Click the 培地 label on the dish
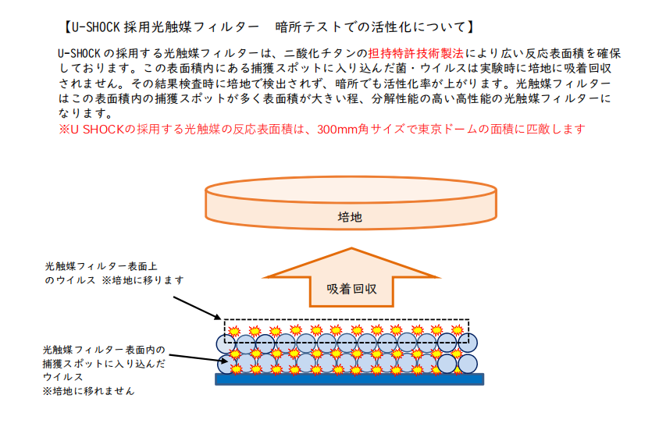pyautogui.click(x=350, y=217)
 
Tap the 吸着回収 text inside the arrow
pyautogui.click(x=351, y=289)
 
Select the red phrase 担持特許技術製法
pyautogui.click(x=416, y=53)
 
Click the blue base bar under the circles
pyautogui.click(x=349, y=379)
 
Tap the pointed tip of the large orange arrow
pyautogui.click(x=351, y=248)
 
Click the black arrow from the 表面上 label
pyautogui.click(x=197, y=308)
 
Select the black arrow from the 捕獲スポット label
pyautogui.click(x=194, y=358)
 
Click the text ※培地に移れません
pyautogui.click(x=88, y=391)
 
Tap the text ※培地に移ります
pyautogui.click(x=143, y=280)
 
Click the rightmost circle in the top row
pyautogui.click(x=468, y=343)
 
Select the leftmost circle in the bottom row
pyautogui.click(x=226, y=365)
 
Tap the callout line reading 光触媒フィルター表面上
pyautogui.click(x=101, y=266)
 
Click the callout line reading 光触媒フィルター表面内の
pyautogui.click(x=104, y=350)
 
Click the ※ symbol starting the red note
pyautogui.click(x=64, y=130)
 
